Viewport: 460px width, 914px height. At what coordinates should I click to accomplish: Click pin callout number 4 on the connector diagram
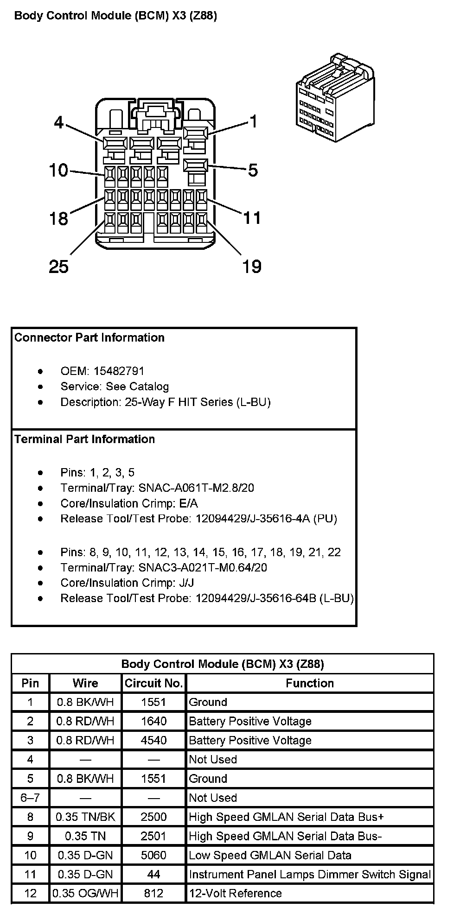[58, 122]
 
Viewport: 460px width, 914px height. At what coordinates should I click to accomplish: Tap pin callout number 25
[58, 267]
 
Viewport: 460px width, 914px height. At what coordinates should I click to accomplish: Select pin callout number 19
[252, 267]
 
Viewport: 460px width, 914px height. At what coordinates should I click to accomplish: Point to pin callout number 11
[252, 218]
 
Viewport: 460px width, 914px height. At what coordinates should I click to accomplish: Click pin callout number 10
[58, 171]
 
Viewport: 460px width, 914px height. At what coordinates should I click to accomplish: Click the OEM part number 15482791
[119, 371]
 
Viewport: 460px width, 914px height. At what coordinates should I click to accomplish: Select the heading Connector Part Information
[89, 338]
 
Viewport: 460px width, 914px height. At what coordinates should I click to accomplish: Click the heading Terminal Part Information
[85, 439]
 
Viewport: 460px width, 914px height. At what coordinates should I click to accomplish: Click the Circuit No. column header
[153, 683]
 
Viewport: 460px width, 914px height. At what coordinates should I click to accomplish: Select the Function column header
[309, 683]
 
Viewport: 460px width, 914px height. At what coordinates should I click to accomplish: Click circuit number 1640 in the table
[153, 721]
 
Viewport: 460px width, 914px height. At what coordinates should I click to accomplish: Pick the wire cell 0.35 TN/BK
[85, 817]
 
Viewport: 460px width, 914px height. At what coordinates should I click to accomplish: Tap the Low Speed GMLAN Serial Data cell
[270, 855]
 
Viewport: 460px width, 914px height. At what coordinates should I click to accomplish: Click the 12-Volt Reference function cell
[235, 893]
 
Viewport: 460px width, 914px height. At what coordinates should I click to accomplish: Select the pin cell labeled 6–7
[30, 798]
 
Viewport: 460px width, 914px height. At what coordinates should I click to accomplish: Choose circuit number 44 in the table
[153, 874]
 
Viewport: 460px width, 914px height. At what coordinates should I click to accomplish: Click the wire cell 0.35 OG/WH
[85, 893]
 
